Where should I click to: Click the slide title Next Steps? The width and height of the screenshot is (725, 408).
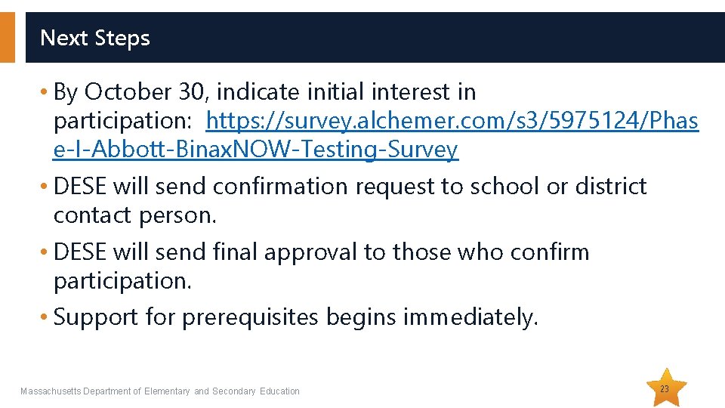coord(95,38)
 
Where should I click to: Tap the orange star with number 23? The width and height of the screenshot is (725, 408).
coord(665,388)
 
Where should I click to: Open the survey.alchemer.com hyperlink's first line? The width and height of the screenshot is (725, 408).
coord(452,121)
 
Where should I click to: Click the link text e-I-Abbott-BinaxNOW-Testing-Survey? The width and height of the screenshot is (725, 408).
coord(256,150)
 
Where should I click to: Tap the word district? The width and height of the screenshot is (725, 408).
coord(611,186)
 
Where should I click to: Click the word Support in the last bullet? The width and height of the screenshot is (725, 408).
coord(95,317)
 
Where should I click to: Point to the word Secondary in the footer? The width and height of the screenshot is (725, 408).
coord(234,391)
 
